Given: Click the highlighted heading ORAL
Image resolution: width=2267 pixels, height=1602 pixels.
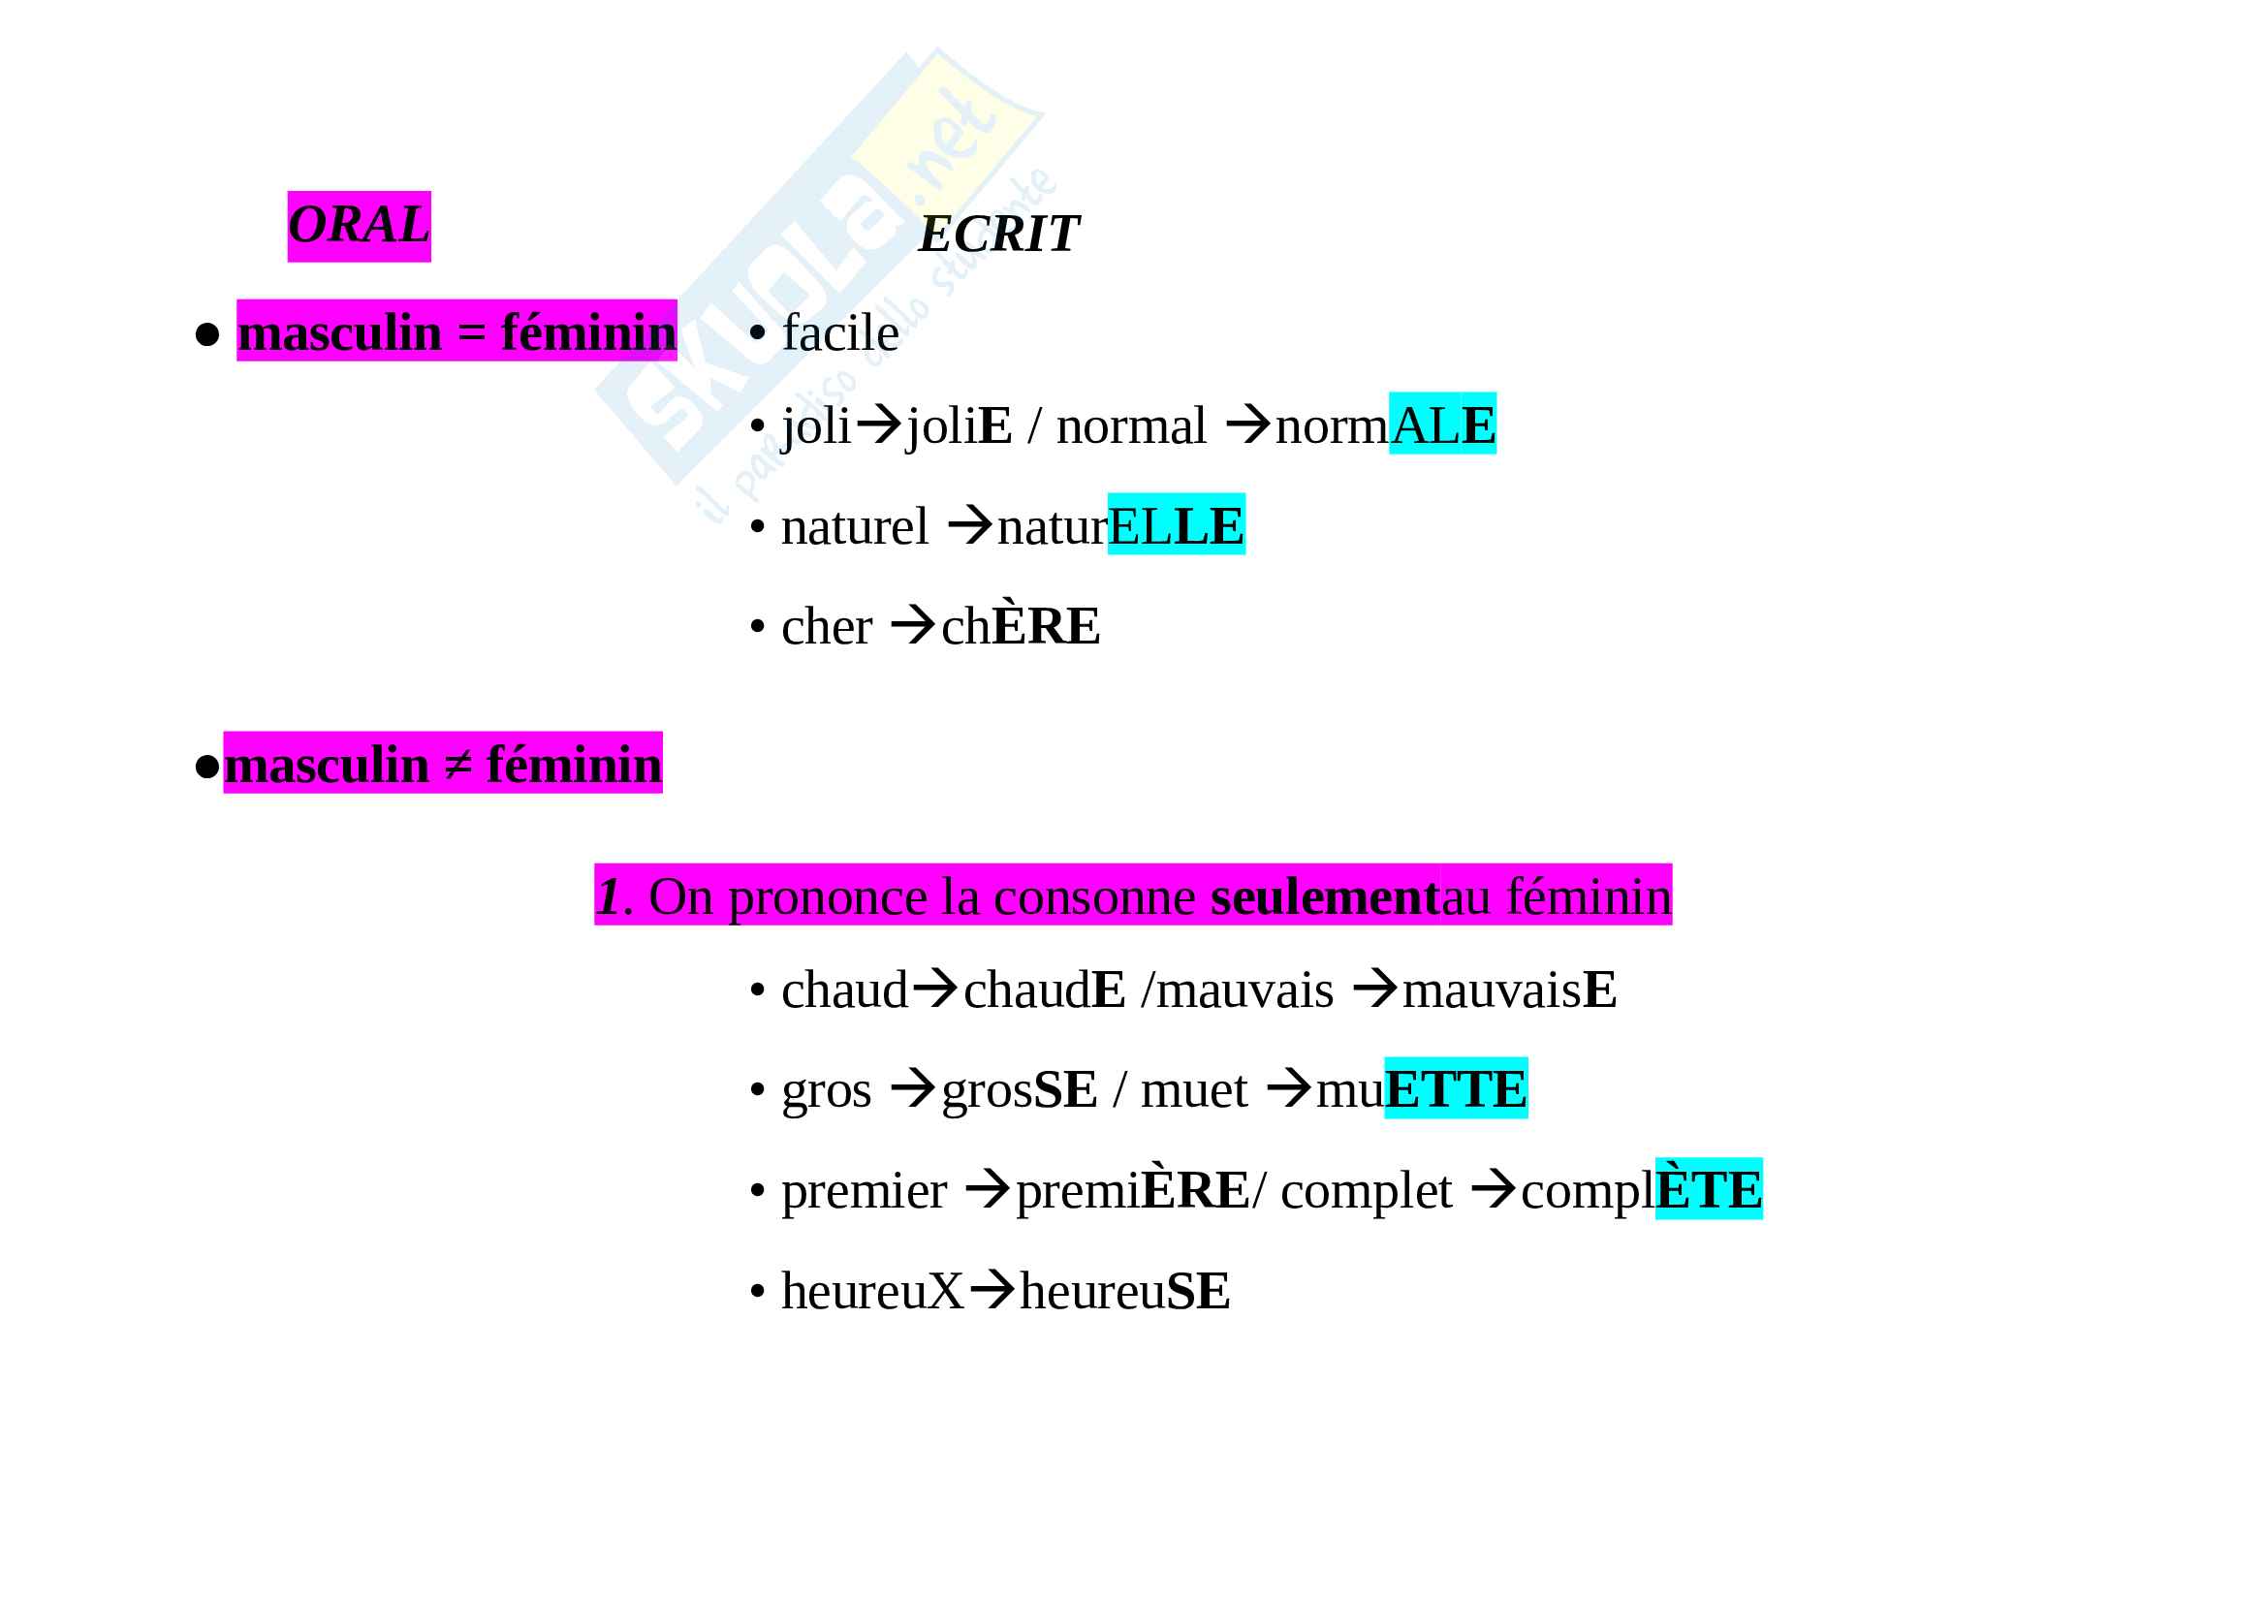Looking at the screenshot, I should pos(359,226).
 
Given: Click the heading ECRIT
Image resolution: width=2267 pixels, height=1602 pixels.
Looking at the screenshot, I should pos(998,235).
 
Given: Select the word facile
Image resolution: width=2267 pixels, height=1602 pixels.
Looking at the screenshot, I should pos(840,333).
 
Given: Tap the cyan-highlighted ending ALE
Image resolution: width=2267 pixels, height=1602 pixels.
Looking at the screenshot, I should pos(1441,425).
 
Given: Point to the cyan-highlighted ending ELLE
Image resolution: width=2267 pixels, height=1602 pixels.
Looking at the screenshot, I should pos(1175,526).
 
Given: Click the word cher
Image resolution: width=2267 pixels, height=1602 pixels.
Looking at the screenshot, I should pos(827,627).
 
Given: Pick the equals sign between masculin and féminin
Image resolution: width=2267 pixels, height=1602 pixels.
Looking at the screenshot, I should pos(471,332).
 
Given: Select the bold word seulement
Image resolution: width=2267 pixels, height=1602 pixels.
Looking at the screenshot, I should pos(1324,897).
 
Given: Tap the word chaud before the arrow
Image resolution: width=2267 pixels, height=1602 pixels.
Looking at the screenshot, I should pos(844,990).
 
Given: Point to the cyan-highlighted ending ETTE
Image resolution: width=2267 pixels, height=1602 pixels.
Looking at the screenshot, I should pos(1456,1089).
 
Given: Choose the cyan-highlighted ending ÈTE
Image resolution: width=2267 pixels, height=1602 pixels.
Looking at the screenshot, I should pos(1708,1190).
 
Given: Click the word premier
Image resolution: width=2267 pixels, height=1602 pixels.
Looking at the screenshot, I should pos(864,1190).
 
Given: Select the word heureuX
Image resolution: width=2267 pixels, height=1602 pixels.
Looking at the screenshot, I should pos(872,1291).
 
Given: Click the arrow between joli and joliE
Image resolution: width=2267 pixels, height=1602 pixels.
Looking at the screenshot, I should pos(878,425).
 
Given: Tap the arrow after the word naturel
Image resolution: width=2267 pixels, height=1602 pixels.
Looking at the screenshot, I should pos(969,526).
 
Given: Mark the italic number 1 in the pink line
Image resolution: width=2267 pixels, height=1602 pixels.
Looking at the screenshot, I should pos(609,897).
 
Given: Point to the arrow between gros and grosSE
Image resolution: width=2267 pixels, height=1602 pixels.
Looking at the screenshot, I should pos(912,1089).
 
